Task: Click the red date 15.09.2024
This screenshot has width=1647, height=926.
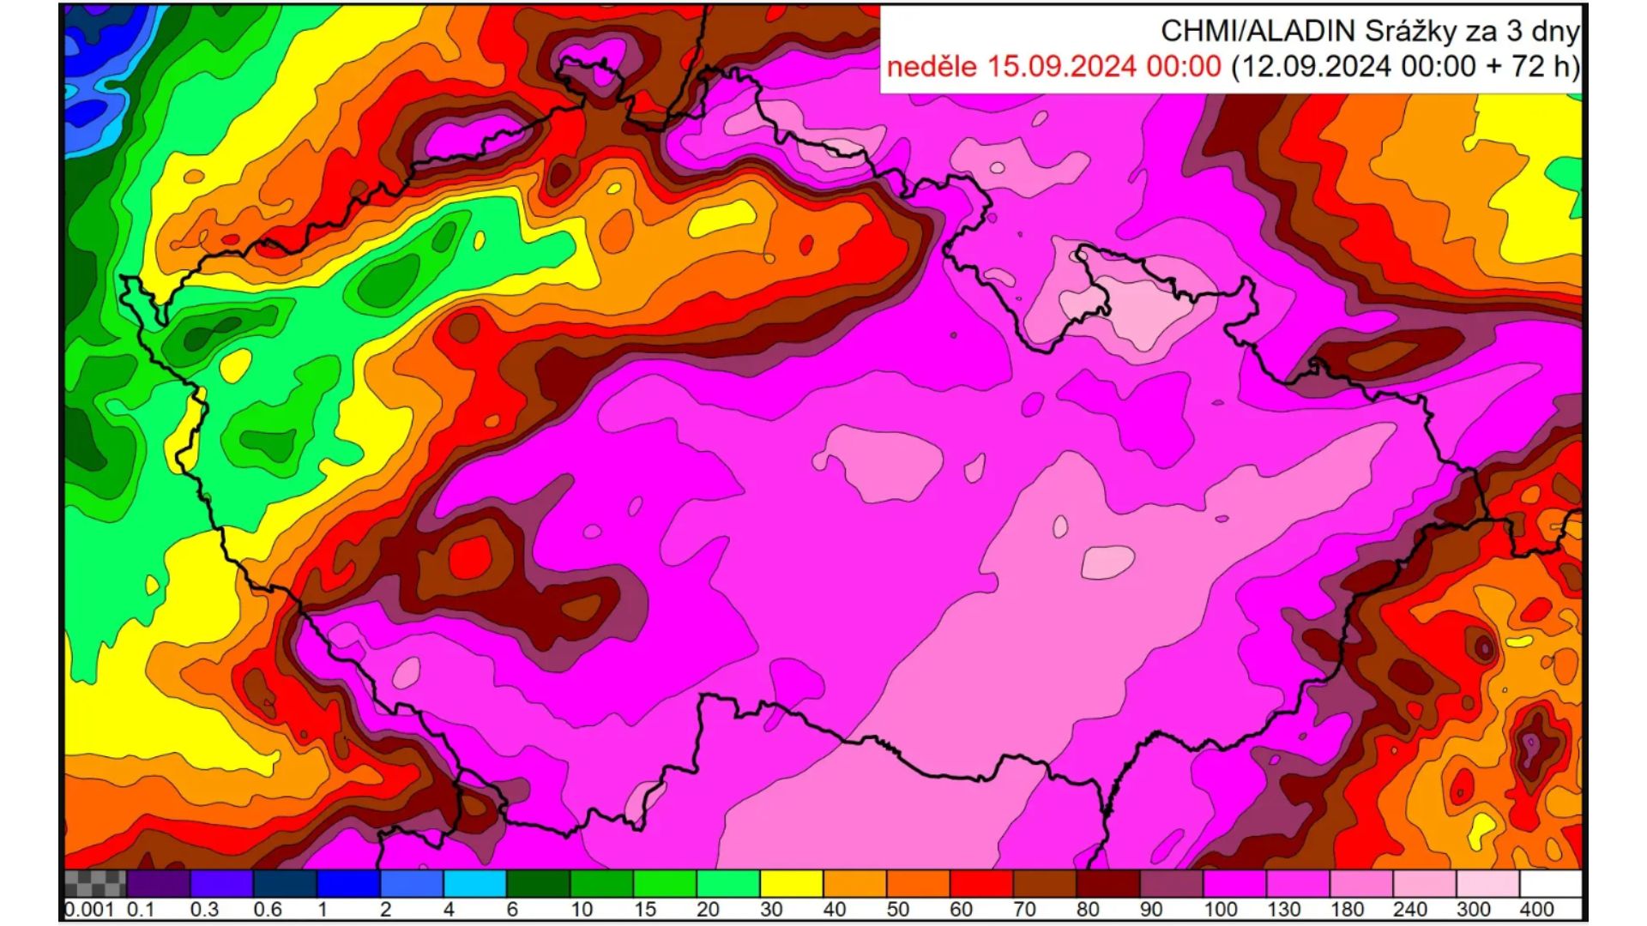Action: click(x=1061, y=66)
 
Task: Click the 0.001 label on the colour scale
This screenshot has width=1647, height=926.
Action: click(x=89, y=909)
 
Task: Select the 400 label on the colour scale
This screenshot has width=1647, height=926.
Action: click(x=1536, y=909)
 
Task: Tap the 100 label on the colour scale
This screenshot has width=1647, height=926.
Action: click(x=1219, y=909)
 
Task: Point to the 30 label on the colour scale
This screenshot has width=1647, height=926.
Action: click(x=771, y=909)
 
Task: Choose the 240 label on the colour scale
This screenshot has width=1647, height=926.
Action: click(x=1409, y=909)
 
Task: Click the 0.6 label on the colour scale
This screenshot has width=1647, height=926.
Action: click(x=268, y=909)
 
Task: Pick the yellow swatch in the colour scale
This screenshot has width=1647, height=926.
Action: click(x=791, y=883)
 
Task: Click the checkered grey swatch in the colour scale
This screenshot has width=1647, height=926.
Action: click(x=95, y=883)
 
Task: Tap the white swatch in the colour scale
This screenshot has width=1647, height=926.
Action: click(x=1550, y=883)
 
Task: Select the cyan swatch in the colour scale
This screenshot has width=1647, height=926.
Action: click(x=474, y=883)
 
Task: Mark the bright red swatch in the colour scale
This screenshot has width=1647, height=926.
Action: click(x=981, y=883)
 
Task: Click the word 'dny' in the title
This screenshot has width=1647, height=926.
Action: click(x=1556, y=31)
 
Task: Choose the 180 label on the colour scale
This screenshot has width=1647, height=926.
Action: click(x=1346, y=909)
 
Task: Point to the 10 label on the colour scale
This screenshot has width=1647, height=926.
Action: click(x=582, y=909)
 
